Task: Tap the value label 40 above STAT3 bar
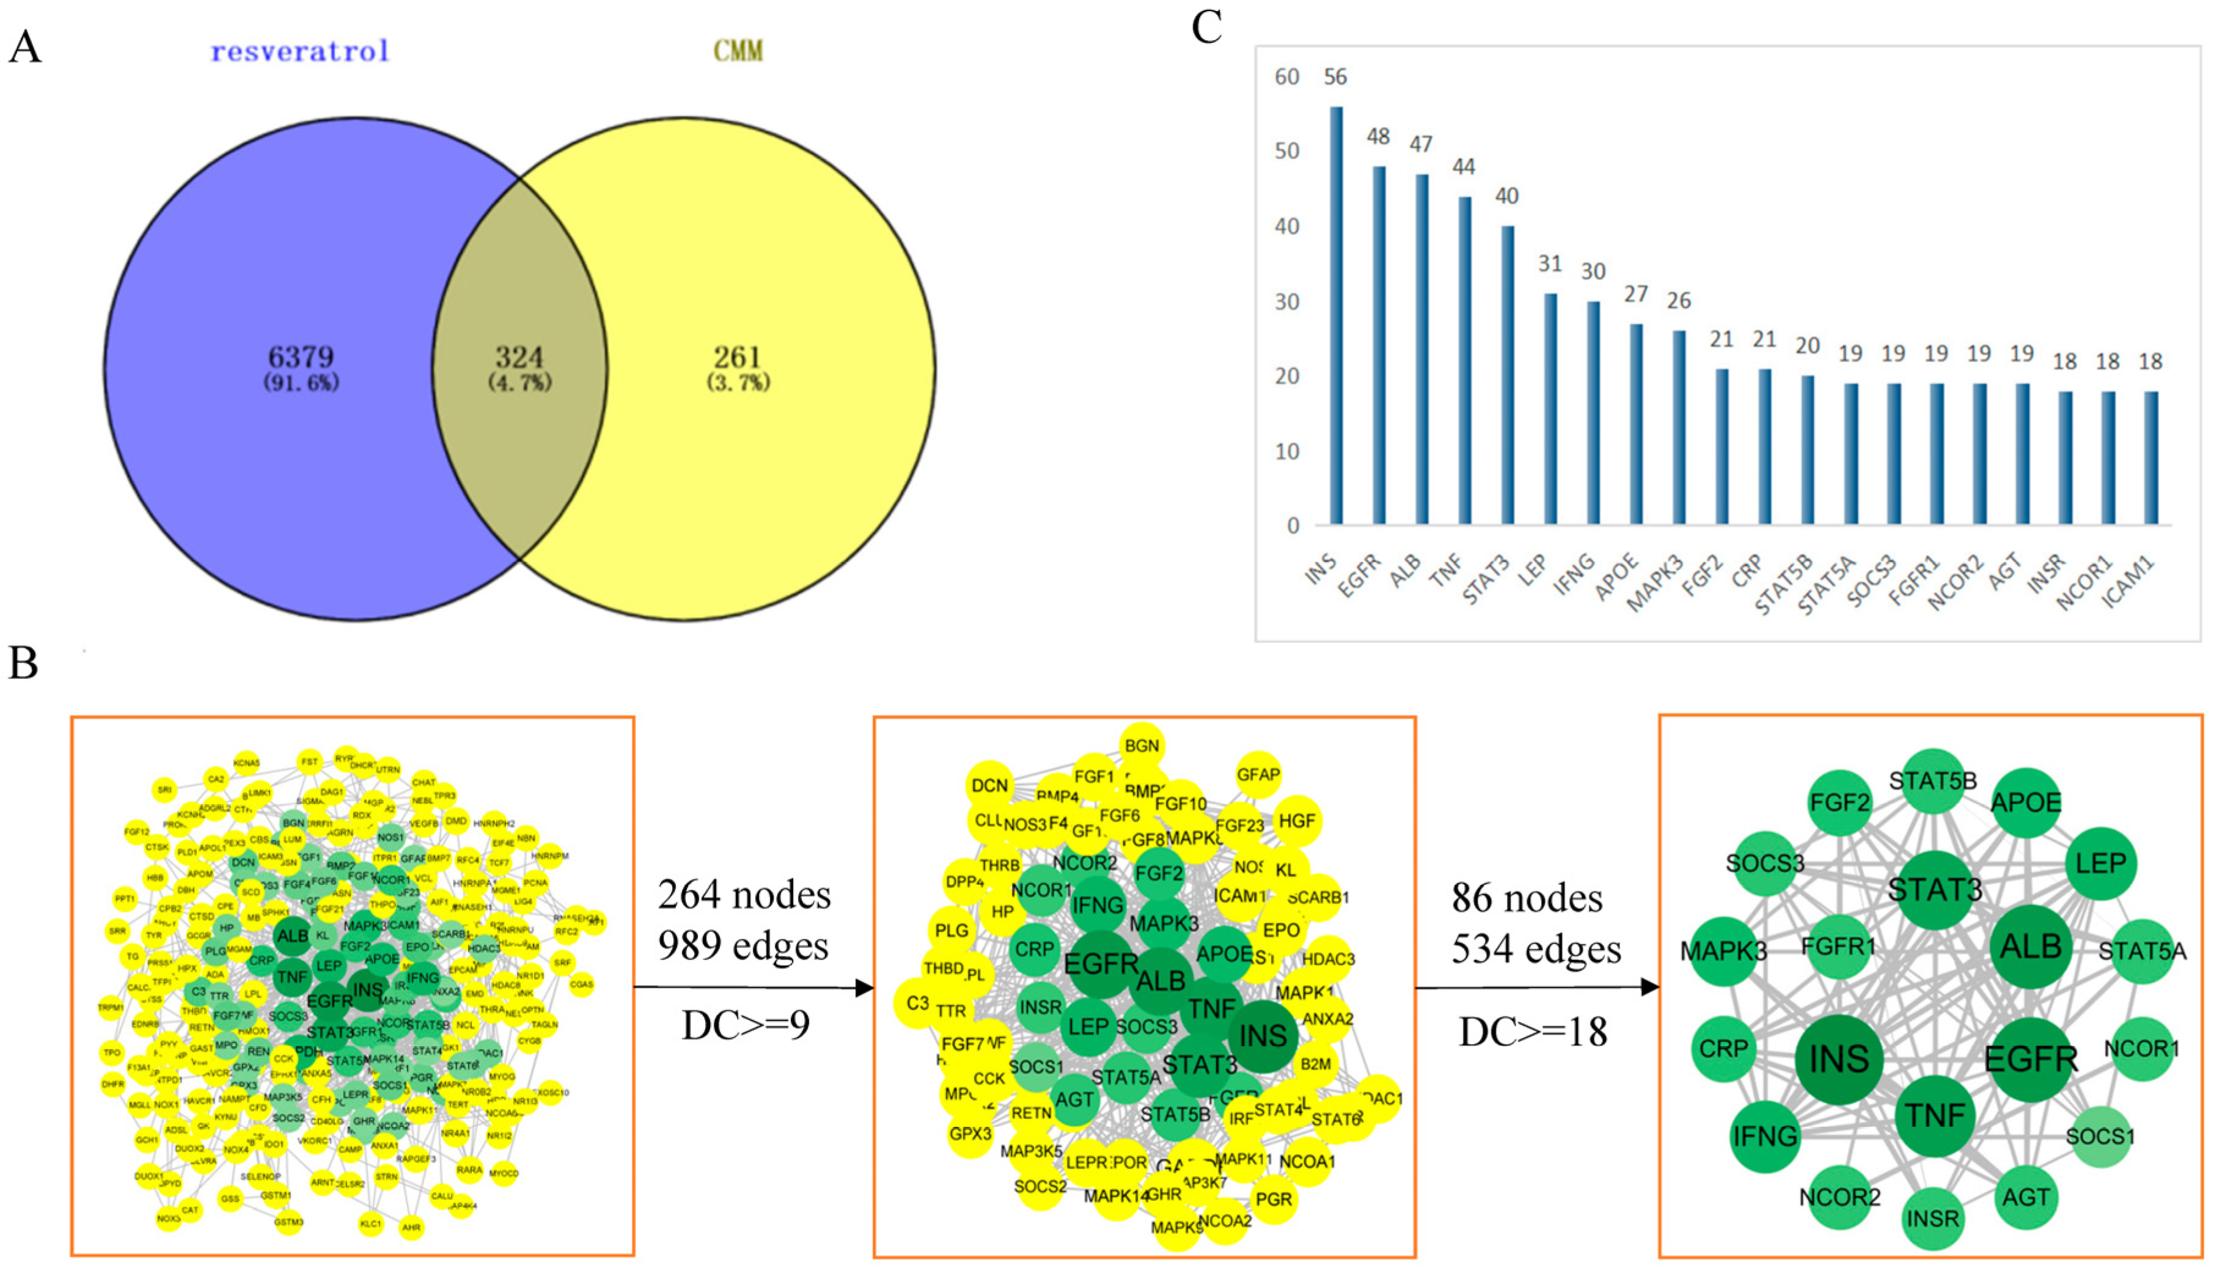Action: [x=1506, y=196]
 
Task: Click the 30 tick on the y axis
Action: [x=1286, y=302]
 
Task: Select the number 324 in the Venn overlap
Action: [x=519, y=357]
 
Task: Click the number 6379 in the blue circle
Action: [x=301, y=357]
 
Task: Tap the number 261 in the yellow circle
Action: [x=738, y=357]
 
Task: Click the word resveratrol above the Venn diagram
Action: [x=300, y=51]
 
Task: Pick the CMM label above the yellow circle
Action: [x=738, y=51]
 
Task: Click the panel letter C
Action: [x=1206, y=28]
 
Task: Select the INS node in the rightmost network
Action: [x=1838, y=1058]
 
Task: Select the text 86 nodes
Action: [x=1527, y=898]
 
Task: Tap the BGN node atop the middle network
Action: [x=1142, y=746]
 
